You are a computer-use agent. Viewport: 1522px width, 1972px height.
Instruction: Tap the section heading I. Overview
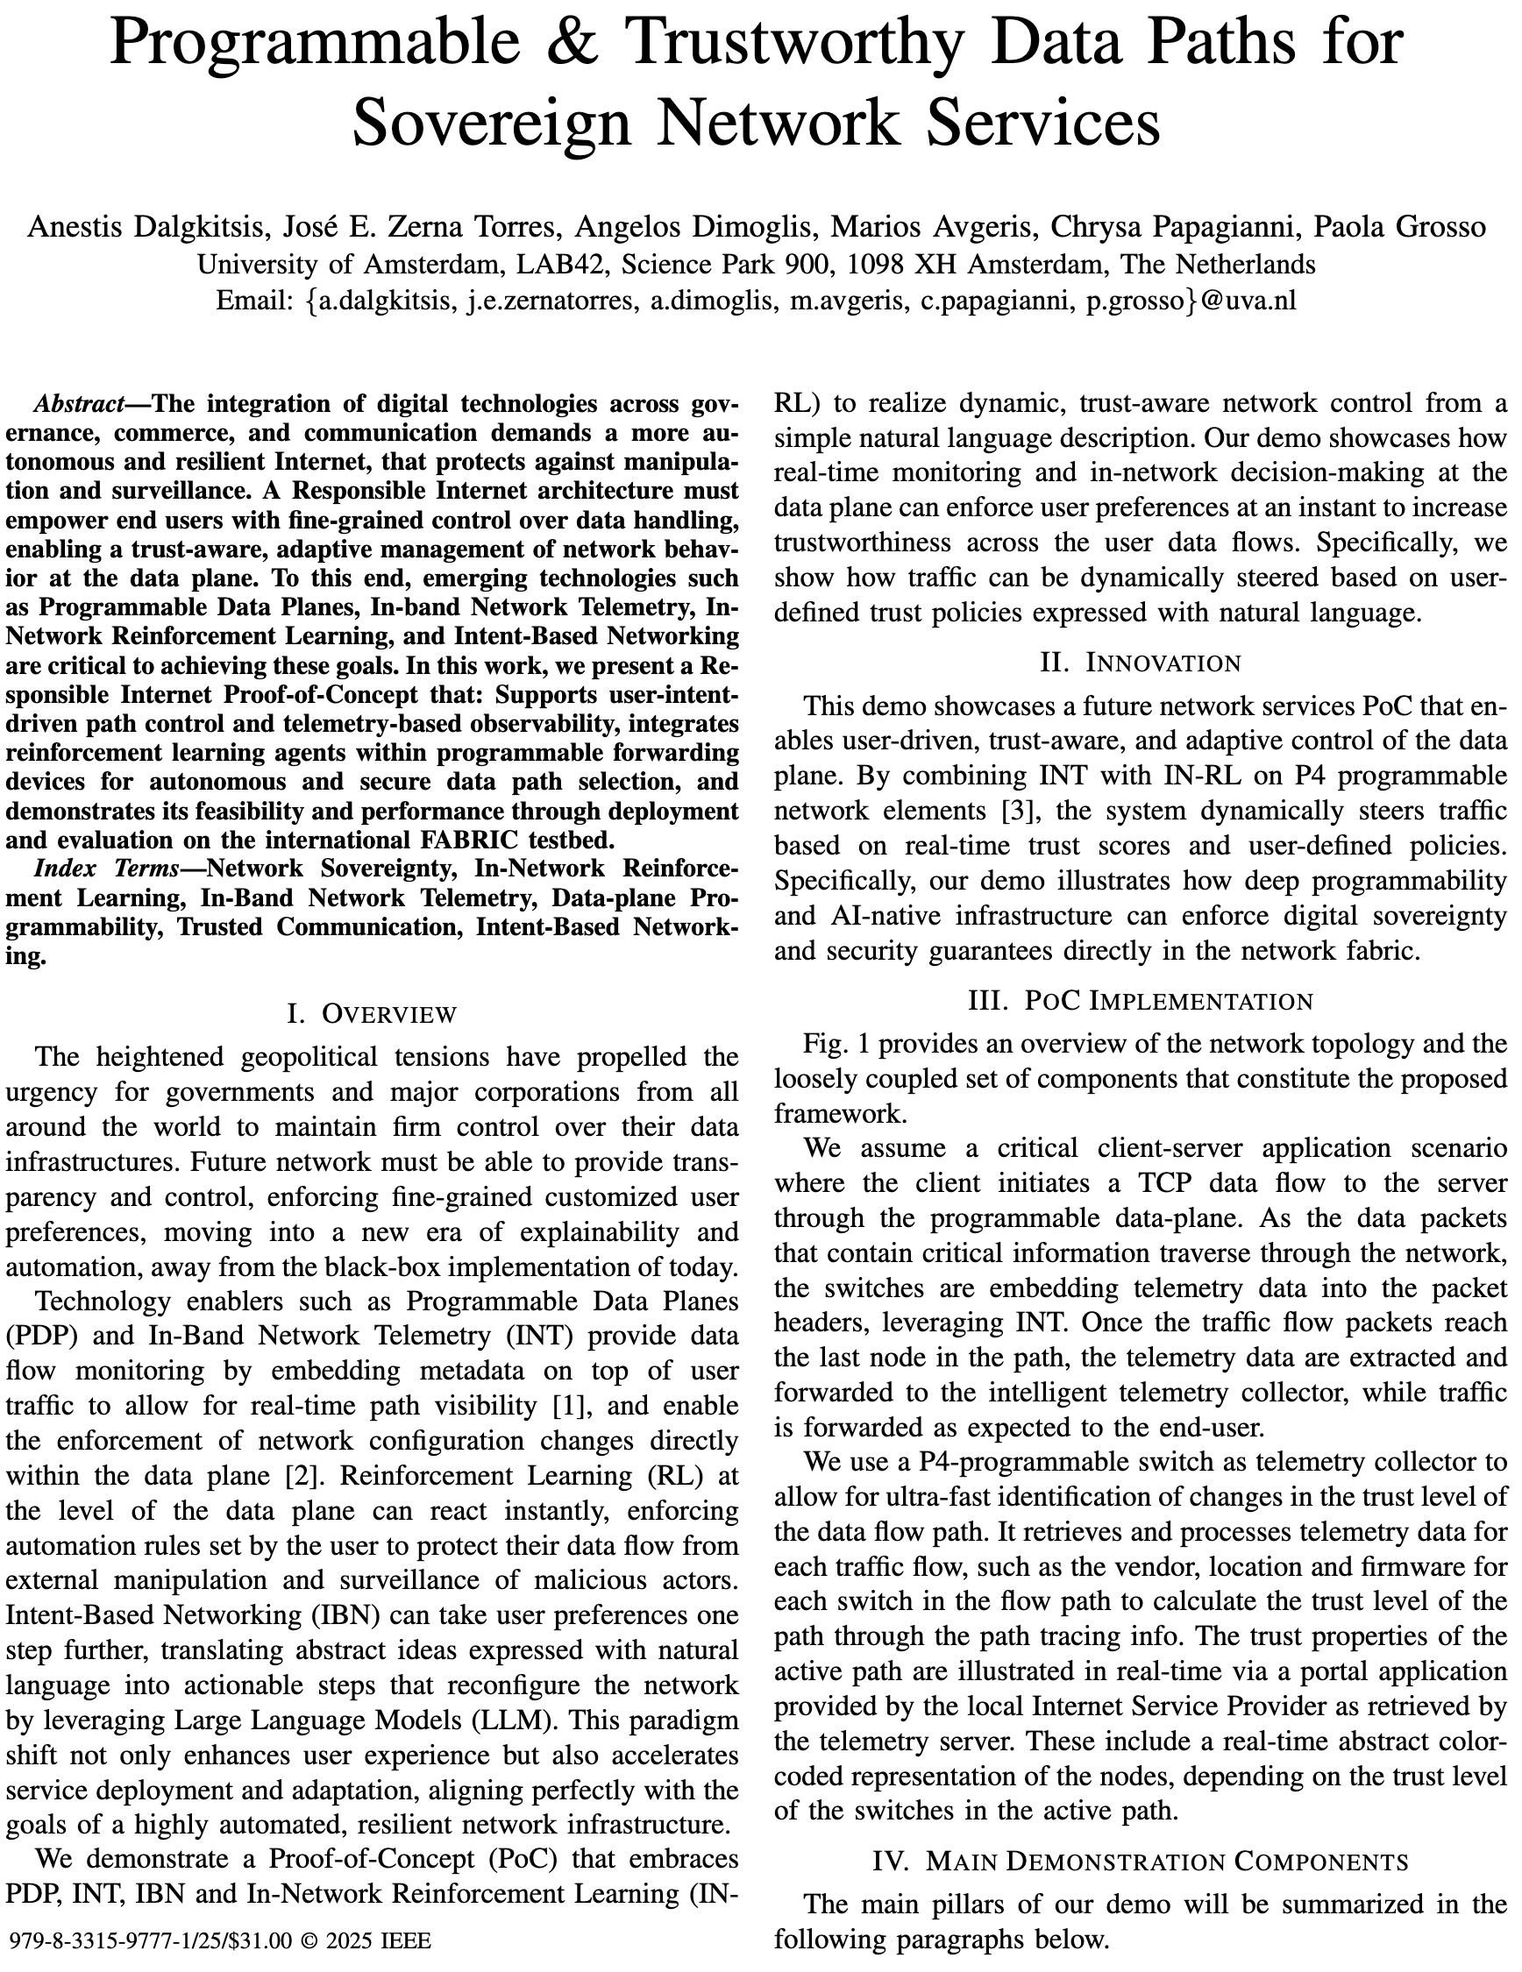click(371, 1014)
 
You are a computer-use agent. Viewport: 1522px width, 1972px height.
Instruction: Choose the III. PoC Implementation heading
click(1140, 1000)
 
